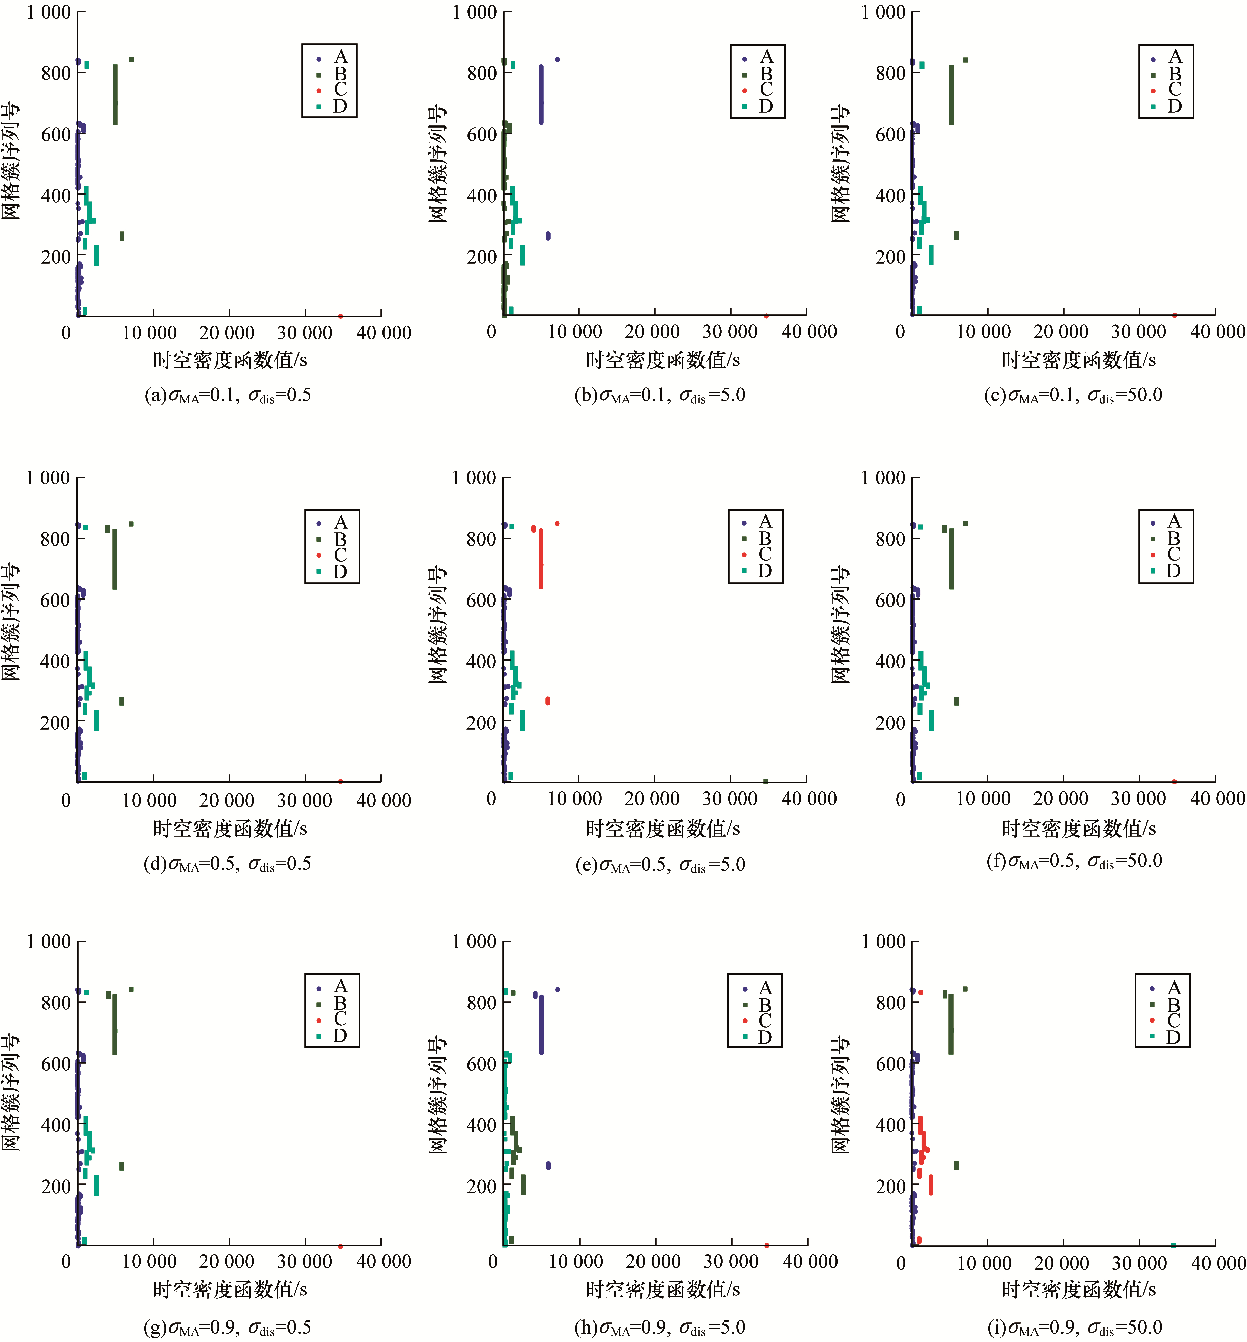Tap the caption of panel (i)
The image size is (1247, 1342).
pos(1074,1328)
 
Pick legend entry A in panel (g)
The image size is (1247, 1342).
pos(331,987)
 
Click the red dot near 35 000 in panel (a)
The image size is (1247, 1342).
pos(340,316)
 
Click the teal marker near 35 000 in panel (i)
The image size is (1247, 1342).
pos(1173,1245)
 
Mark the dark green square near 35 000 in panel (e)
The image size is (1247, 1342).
pos(766,781)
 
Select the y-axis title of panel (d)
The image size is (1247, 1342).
pos(11,622)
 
